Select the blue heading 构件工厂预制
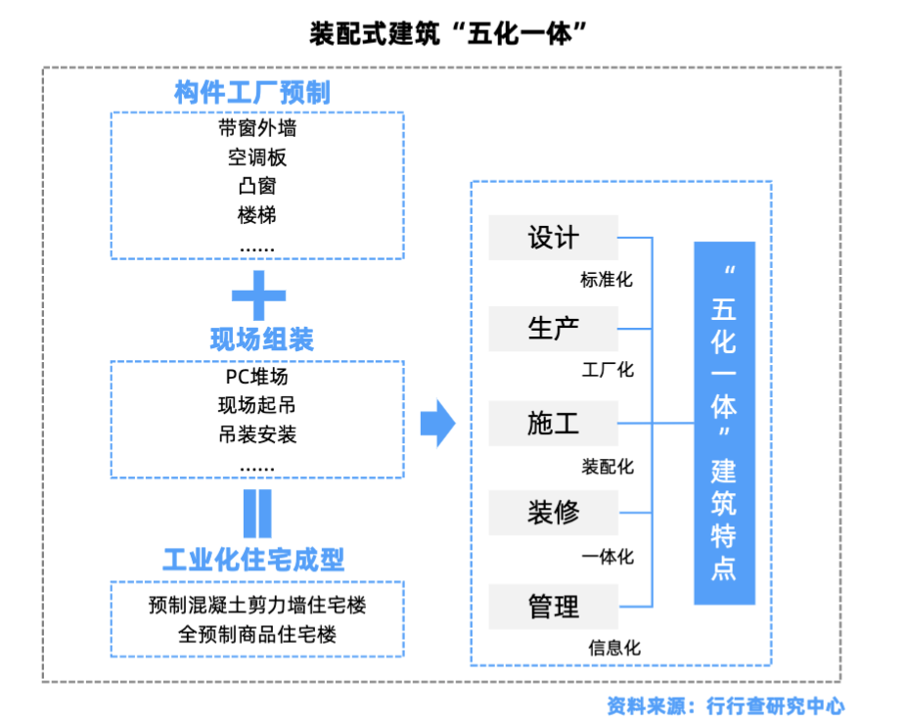point(252,94)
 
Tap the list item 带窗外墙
point(257,128)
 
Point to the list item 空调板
point(257,158)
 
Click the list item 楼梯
point(257,215)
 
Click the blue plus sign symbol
point(257,293)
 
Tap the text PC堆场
point(257,377)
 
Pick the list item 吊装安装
point(257,433)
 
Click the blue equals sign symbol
point(257,513)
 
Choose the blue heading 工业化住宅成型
point(253,561)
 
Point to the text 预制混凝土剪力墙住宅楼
point(257,605)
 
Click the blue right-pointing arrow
point(437,423)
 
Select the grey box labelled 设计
point(554,238)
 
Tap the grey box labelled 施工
point(554,423)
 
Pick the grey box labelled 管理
point(554,607)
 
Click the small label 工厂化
point(608,370)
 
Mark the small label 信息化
point(614,648)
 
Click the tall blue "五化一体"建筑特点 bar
point(724,423)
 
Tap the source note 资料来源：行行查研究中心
point(725,704)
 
